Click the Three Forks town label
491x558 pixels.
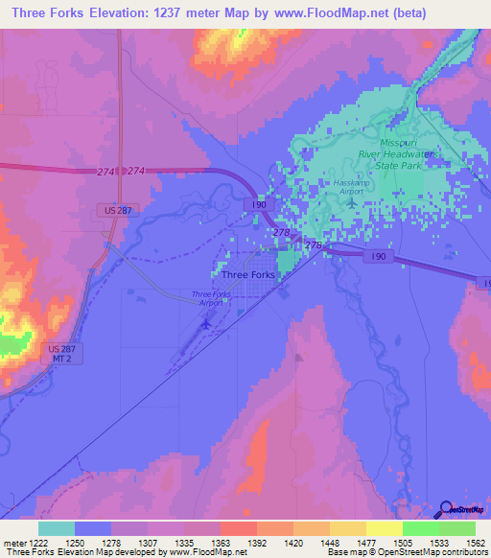(248, 275)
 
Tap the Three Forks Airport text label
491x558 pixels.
(211, 297)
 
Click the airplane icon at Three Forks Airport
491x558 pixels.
(206, 323)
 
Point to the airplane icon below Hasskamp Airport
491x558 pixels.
(352, 202)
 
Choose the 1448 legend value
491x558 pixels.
(312, 543)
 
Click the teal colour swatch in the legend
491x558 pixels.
(57, 528)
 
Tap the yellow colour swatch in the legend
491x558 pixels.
(385, 528)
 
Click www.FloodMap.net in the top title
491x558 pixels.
(328, 13)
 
